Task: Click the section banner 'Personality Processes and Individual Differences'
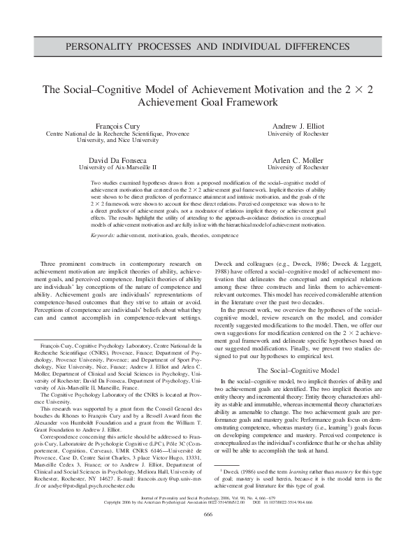click(207, 48)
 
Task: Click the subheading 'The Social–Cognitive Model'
click(298, 369)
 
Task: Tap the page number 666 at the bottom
click(207, 534)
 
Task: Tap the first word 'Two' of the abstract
click(97, 182)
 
